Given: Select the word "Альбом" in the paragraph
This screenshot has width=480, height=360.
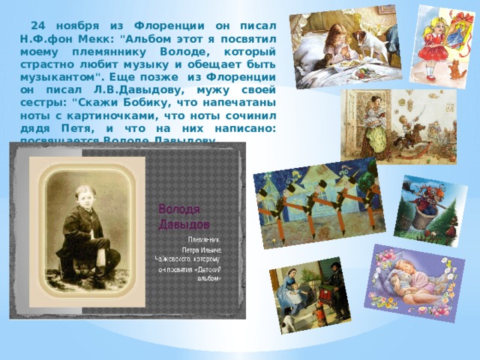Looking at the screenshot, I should tap(145, 39).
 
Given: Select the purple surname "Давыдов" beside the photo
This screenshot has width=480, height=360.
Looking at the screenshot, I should tap(184, 223).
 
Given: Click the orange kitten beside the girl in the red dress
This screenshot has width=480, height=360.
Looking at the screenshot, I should tap(454, 69).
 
